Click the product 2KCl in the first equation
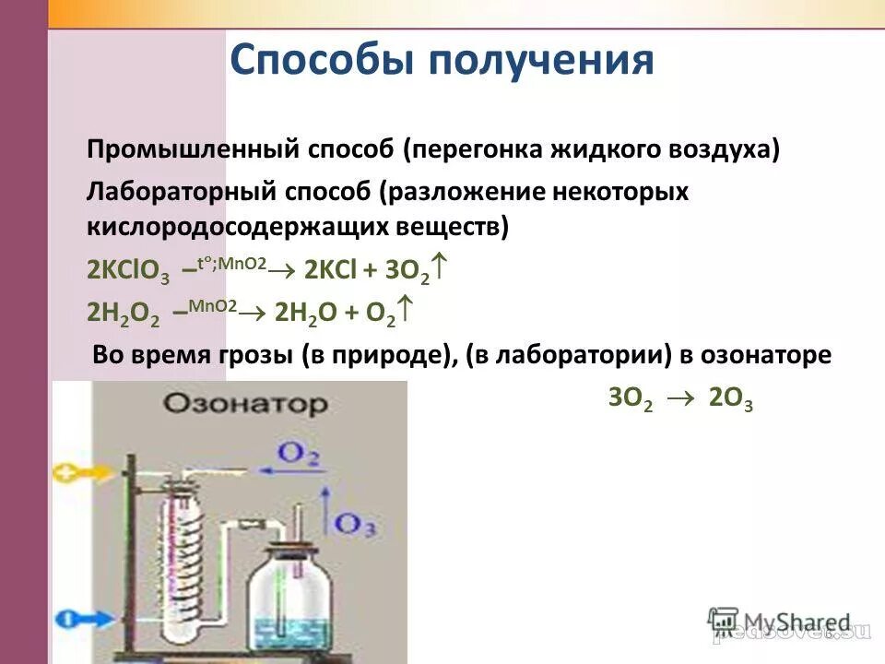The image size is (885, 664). pos(333,270)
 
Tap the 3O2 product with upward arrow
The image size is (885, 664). pos(416,270)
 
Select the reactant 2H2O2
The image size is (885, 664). pos(123,314)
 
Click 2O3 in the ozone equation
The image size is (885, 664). pos(730,399)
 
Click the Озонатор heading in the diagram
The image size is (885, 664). pos(245,404)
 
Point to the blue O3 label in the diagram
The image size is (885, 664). pos(353,524)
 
